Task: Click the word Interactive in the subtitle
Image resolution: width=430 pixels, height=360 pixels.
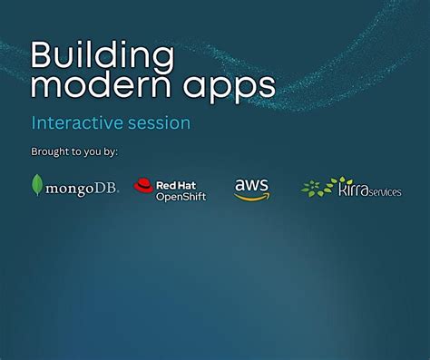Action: (x=77, y=122)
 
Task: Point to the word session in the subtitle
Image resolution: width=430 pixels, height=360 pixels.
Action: (x=160, y=122)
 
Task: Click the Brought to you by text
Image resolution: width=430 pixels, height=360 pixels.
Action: (x=74, y=151)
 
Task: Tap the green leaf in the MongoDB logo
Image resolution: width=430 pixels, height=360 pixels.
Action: (x=37, y=185)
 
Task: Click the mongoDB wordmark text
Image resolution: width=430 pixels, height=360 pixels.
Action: (x=82, y=189)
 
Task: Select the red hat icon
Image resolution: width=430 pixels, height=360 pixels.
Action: (x=143, y=186)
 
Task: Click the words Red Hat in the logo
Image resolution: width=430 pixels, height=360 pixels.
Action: (x=174, y=183)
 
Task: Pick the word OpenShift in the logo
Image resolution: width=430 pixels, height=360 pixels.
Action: (x=181, y=196)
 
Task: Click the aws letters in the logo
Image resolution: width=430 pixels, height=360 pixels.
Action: (x=251, y=184)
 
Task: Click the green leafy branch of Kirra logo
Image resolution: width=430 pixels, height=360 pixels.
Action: (x=318, y=188)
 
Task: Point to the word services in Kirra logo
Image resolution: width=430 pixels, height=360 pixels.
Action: (x=386, y=192)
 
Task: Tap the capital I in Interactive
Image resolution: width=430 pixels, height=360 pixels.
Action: (x=34, y=122)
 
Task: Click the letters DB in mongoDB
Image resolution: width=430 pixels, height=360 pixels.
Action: (x=107, y=189)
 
